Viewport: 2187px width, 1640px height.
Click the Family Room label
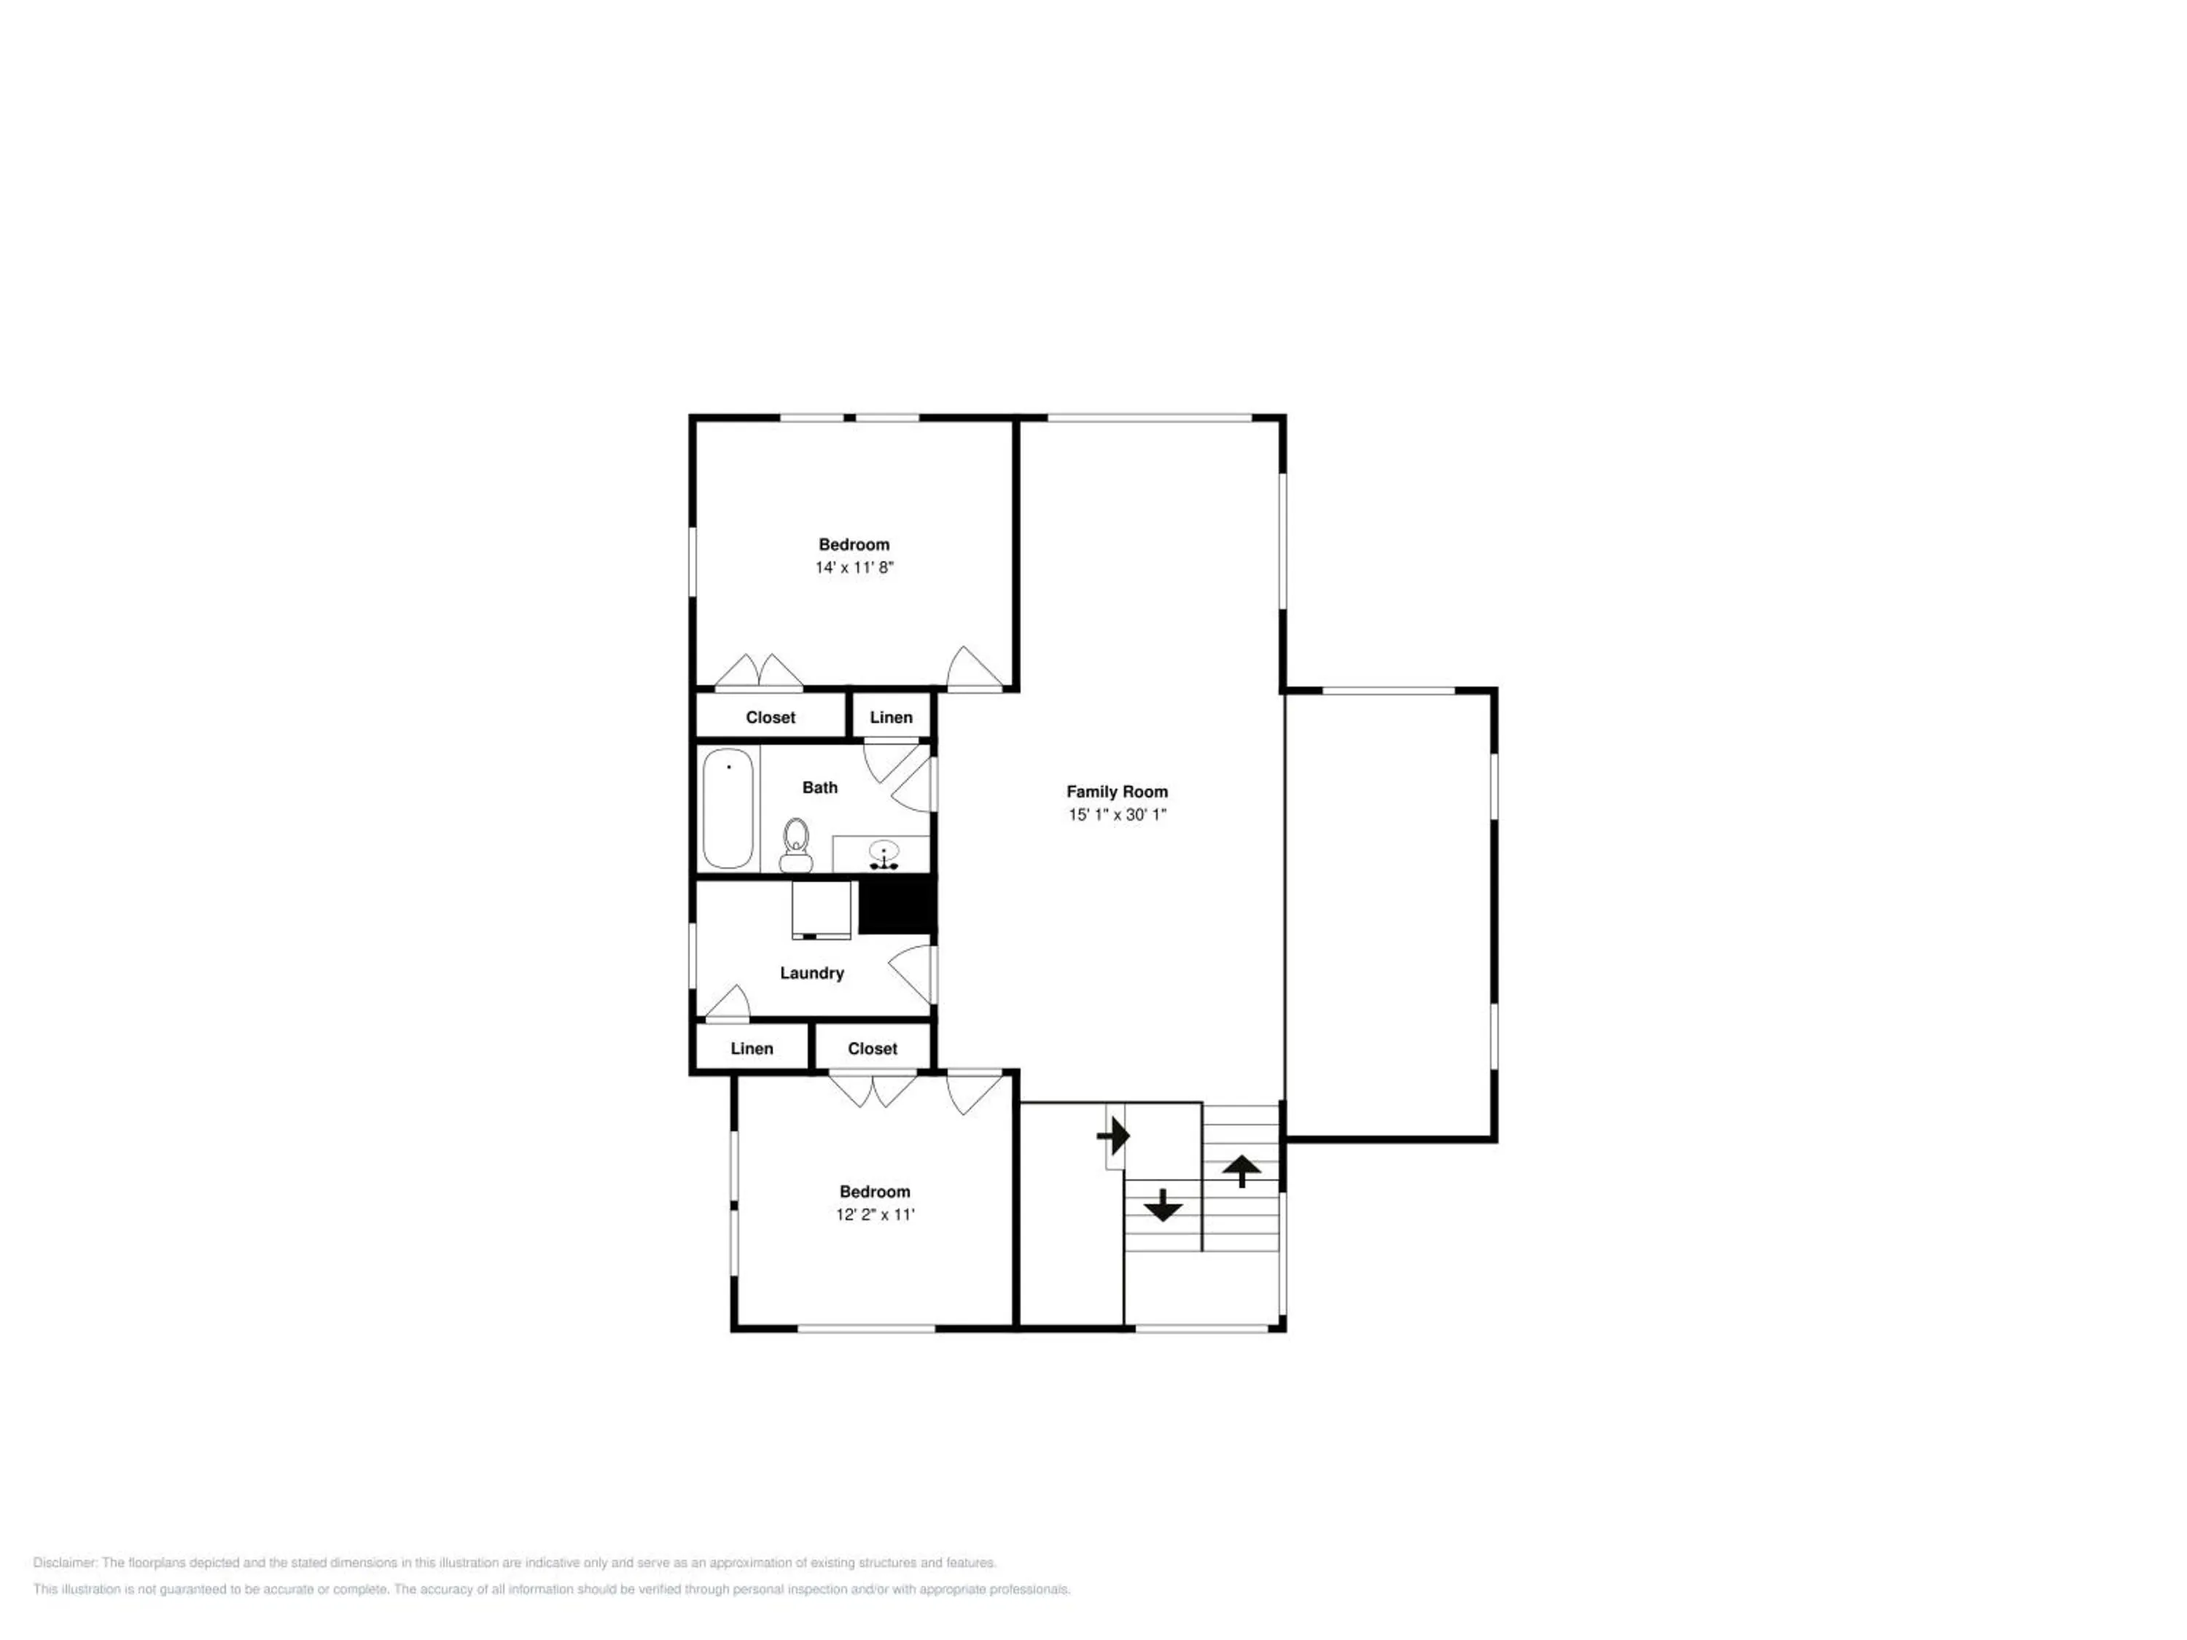(x=1118, y=792)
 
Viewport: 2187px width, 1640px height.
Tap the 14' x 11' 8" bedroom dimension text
(x=854, y=567)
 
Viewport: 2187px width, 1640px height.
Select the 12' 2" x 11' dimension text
(x=875, y=1215)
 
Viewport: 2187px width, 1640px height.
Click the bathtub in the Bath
(x=729, y=808)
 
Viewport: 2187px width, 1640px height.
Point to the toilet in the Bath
(x=796, y=846)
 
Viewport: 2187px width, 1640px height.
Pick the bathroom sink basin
(x=883, y=851)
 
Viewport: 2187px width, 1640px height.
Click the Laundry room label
(x=811, y=974)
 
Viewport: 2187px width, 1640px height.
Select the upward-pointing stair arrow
(x=1241, y=1171)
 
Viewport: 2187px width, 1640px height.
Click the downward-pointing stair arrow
(x=1163, y=1205)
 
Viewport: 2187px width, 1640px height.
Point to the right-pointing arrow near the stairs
(x=1114, y=1136)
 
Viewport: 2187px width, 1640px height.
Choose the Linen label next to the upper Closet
(x=891, y=718)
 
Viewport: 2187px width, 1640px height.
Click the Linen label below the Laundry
(x=752, y=1049)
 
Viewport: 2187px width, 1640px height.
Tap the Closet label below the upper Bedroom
(x=771, y=718)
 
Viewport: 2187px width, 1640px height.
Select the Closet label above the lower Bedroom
(x=872, y=1049)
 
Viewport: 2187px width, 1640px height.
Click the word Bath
(x=819, y=788)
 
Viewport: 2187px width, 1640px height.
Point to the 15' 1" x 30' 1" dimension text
(x=1118, y=816)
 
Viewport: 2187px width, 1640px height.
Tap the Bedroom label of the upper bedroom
(x=854, y=544)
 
